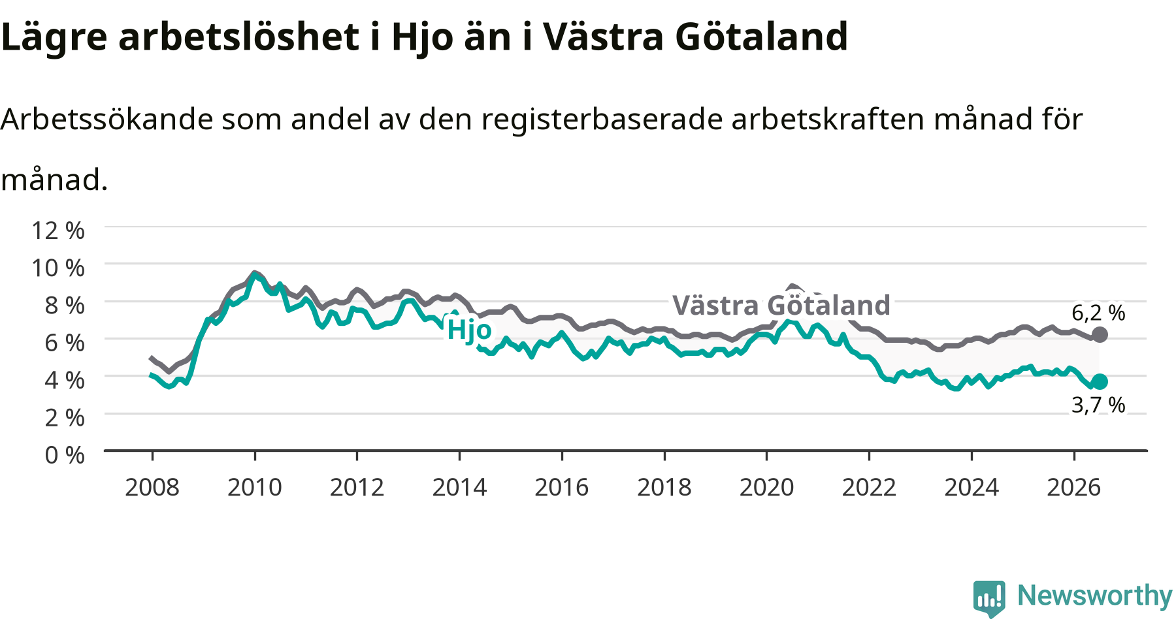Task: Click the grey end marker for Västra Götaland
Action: [1100, 335]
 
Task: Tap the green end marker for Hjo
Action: [1100, 382]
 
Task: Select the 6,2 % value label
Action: [1098, 313]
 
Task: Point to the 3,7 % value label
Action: [1098, 405]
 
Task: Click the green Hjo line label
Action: [469, 330]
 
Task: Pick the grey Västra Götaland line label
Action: [781, 305]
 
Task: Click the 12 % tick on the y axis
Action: [58, 230]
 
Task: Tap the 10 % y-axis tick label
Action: [58, 268]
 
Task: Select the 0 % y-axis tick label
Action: [65, 454]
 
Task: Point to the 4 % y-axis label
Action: [65, 380]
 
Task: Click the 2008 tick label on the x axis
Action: [152, 487]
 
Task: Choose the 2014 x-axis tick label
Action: [459, 487]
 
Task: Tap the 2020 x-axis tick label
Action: [767, 487]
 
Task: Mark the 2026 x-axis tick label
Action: [1074, 487]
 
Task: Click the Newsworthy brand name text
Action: [1095, 596]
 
